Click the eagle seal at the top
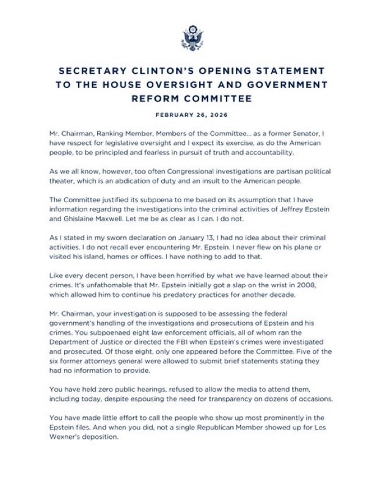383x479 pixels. (191, 37)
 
